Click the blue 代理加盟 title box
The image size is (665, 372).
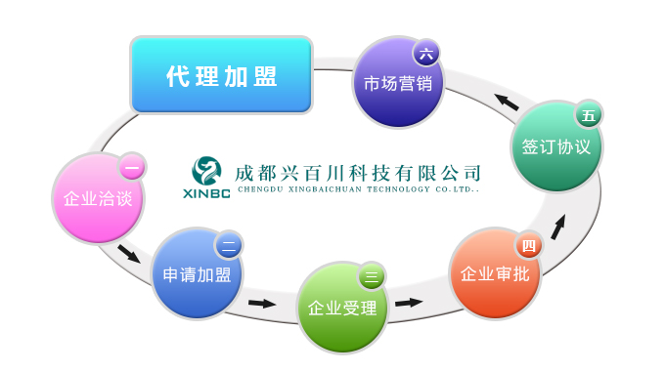point(221,75)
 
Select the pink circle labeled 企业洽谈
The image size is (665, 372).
point(98,198)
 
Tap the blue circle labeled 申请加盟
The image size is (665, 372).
point(198,273)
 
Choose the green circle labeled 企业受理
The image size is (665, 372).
point(342,308)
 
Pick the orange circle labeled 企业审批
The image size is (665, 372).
point(495,273)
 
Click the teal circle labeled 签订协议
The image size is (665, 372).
point(556,146)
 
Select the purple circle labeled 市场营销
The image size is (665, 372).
point(398,83)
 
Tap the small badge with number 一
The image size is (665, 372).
point(132,167)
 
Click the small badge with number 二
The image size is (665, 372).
point(229,245)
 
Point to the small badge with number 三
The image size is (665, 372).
point(372,276)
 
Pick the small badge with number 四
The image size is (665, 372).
point(528,245)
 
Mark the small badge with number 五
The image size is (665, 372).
point(589,115)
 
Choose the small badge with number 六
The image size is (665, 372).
point(426,54)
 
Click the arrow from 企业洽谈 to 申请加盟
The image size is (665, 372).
point(129,254)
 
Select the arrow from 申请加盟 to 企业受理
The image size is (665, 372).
point(262,303)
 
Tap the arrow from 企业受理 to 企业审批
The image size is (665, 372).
point(409,303)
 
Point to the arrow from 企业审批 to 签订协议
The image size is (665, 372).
point(558,227)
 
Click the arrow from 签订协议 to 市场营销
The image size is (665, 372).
point(507,102)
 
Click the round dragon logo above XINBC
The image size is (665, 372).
point(206,171)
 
